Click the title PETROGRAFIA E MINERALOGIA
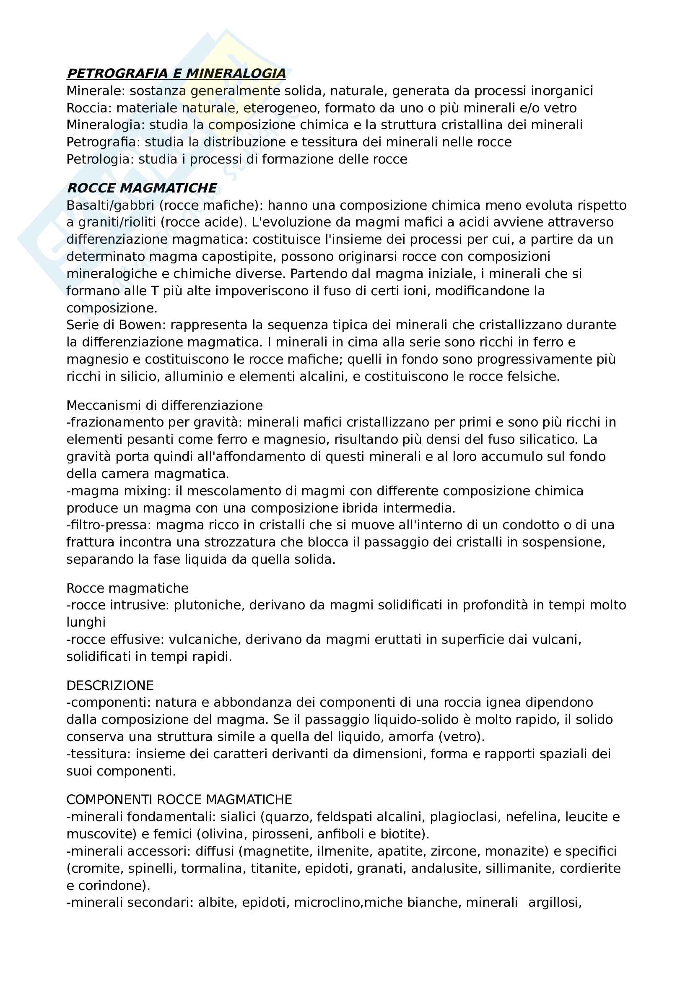[176, 73]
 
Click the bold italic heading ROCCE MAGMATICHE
[142, 188]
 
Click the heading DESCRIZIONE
[110, 685]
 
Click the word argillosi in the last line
[555, 903]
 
